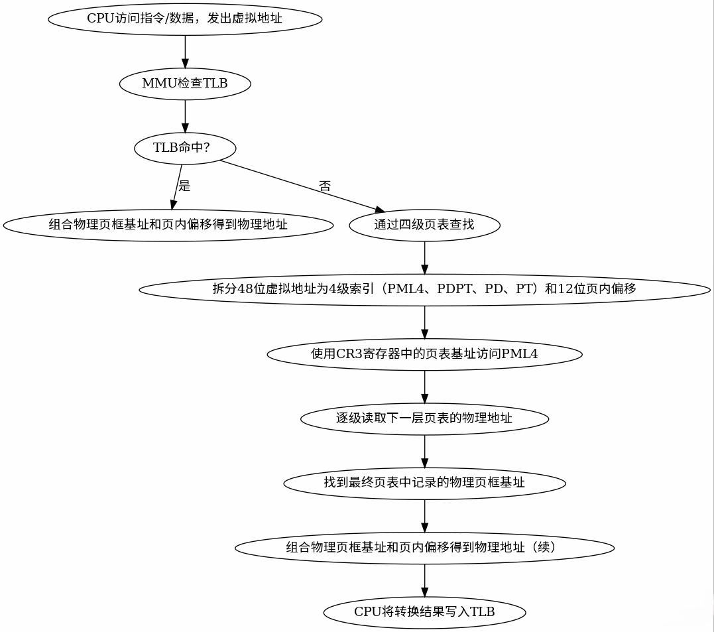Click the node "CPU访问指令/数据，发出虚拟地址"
point(185,19)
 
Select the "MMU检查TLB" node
point(185,84)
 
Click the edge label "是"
point(184,186)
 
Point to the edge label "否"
point(325,186)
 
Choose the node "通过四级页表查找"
point(424,224)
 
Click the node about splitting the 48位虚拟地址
point(424,289)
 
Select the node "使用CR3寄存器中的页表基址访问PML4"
point(424,354)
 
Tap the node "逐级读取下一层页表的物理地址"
point(424,418)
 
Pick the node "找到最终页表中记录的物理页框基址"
point(424,483)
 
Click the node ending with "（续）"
point(424,548)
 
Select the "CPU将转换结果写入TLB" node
point(424,612)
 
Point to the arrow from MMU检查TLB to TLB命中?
point(185,115)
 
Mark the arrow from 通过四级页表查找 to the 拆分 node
point(424,257)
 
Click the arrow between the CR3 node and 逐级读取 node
point(424,386)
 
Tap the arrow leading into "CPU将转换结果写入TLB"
point(424,580)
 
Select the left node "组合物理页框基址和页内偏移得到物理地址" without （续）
point(168,224)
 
